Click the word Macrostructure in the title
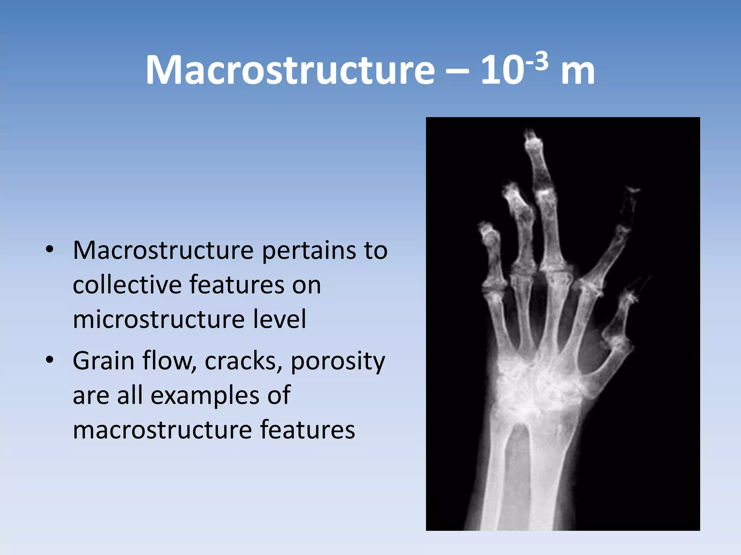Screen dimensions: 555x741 coord(289,70)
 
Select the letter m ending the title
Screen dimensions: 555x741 coord(577,72)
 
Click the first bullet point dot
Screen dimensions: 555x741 coord(50,250)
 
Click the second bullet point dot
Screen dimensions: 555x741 coord(50,360)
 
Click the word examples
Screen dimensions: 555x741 coord(205,396)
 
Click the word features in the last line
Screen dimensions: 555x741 coord(308,430)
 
